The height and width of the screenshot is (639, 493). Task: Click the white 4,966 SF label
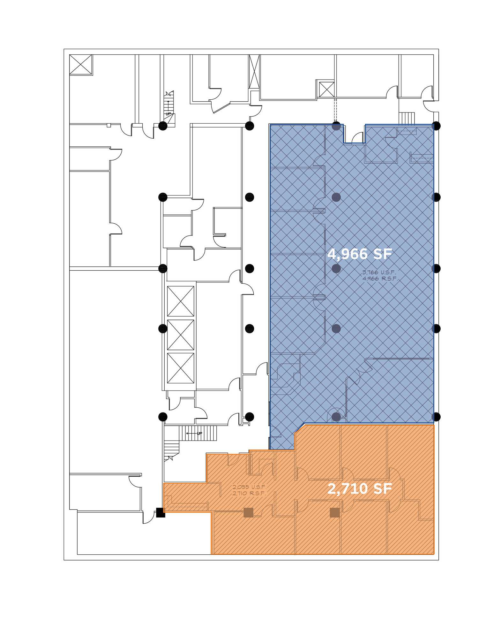(x=360, y=254)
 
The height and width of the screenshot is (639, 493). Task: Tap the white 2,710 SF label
(x=360, y=489)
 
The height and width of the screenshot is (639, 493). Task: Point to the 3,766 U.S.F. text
(x=379, y=272)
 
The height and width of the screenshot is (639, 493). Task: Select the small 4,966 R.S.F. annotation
(x=380, y=278)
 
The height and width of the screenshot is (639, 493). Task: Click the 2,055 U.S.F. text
(x=249, y=487)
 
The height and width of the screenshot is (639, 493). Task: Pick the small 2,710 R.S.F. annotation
(x=249, y=493)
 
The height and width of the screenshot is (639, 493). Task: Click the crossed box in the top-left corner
(x=81, y=65)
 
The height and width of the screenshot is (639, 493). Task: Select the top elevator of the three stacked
(x=181, y=301)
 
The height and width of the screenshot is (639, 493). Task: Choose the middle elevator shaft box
(x=181, y=335)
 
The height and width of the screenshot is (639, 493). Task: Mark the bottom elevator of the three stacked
(x=181, y=368)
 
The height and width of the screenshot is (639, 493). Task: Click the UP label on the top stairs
(x=168, y=114)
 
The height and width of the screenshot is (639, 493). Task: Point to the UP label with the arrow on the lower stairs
(x=194, y=433)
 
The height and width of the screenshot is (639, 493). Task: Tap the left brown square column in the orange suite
(x=248, y=512)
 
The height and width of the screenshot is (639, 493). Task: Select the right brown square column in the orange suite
(x=335, y=512)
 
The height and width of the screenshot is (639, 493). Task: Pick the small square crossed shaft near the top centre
(x=327, y=89)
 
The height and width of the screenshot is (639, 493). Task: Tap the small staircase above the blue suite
(x=407, y=118)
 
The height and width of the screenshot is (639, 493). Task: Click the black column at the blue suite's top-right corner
(x=436, y=126)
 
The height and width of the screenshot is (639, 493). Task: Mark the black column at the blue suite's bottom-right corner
(x=436, y=417)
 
